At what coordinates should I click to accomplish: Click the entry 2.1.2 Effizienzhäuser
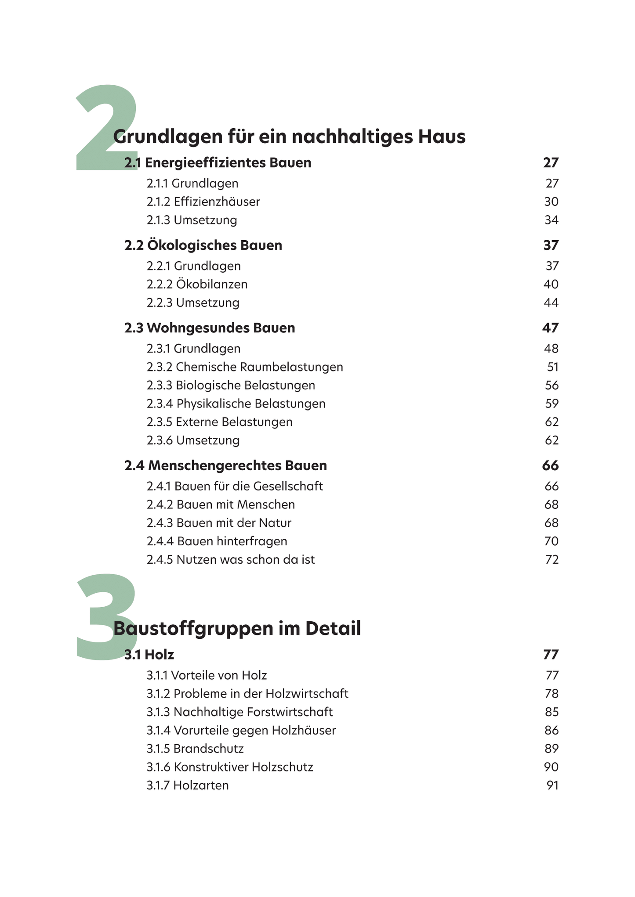point(203,202)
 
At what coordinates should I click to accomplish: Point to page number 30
point(551,202)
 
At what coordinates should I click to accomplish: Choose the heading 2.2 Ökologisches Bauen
point(203,245)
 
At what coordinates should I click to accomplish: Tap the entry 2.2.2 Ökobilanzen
point(197,285)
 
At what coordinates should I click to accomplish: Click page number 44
point(551,303)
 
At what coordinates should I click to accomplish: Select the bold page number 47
point(550,328)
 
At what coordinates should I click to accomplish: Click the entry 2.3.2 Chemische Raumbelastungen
point(245,367)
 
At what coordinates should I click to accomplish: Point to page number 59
point(551,404)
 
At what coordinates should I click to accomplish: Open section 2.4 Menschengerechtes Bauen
point(225,465)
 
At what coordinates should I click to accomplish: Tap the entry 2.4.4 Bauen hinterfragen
point(217,541)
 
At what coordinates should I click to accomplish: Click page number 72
point(552,560)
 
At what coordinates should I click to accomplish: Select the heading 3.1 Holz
point(149,655)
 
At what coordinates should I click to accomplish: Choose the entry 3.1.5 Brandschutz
point(195,749)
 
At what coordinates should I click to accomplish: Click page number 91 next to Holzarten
point(552,785)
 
